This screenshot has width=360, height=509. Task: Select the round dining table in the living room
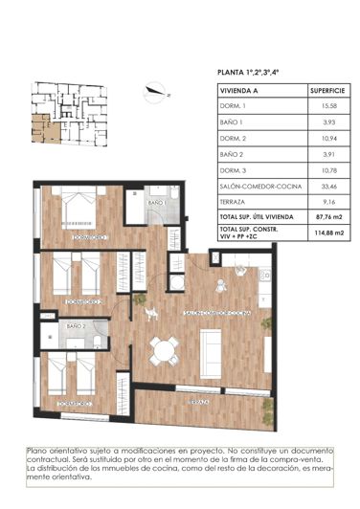164,351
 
